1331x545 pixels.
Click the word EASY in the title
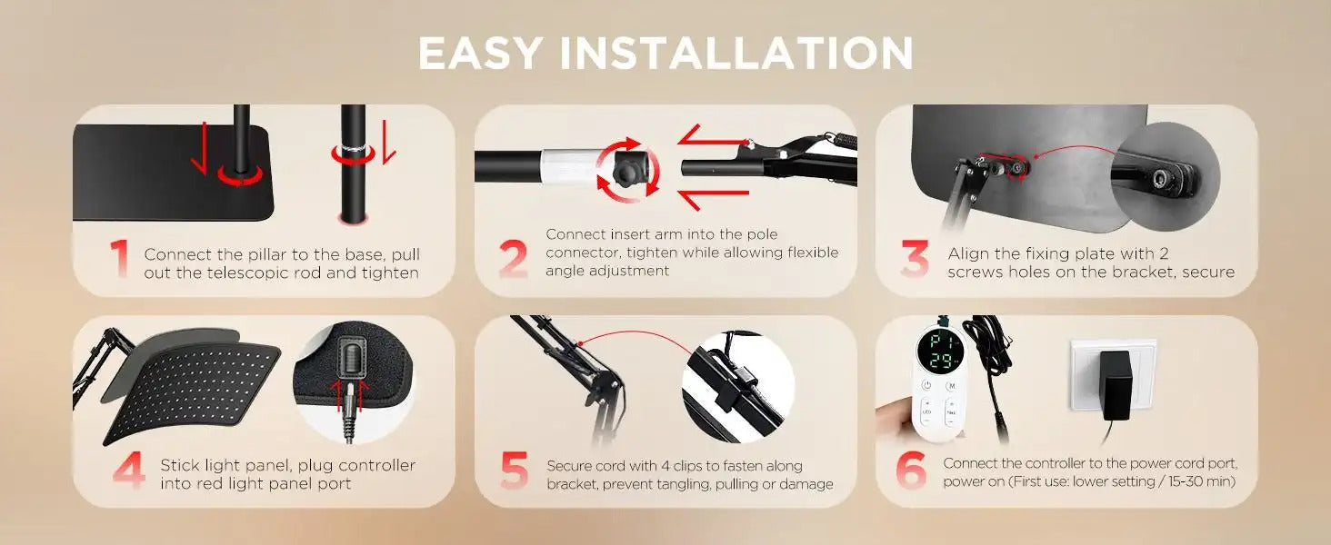[x=479, y=54]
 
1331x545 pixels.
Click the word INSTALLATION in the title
[x=736, y=54]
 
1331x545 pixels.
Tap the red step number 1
[x=119, y=258]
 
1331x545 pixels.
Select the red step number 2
[x=514, y=259]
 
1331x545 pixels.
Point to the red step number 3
[x=915, y=259]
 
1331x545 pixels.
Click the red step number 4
[x=129, y=470]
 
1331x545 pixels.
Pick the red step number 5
[x=514, y=471]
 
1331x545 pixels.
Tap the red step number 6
[x=911, y=470]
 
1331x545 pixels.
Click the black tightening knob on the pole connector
[x=627, y=168]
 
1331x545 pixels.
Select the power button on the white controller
[x=926, y=386]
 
